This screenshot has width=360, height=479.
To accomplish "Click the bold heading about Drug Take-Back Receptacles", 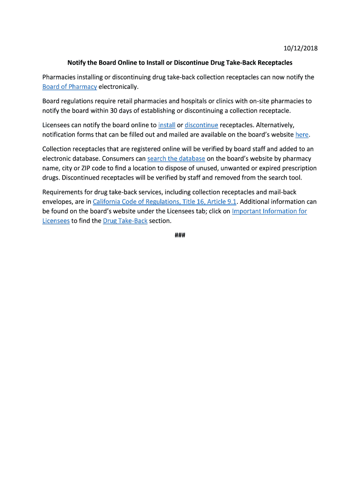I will [x=180, y=62].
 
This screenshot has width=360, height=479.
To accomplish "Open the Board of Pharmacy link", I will [x=70, y=87].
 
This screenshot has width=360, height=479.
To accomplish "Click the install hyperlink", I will [x=167, y=125].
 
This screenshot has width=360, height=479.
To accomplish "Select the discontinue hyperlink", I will [x=202, y=125].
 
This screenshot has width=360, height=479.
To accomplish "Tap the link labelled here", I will [x=302, y=135].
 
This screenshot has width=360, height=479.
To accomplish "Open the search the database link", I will [x=176, y=159].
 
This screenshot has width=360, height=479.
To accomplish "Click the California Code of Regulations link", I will [x=165, y=202].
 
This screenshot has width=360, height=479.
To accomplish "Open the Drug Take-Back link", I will [x=125, y=221].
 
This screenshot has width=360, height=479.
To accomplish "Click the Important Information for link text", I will [x=269, y=211].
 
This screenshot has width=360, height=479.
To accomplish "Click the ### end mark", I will [x=180, y=235].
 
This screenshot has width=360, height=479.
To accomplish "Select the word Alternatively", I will [x=275, y=125].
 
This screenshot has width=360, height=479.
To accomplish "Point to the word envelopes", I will [x=57, y=202].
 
